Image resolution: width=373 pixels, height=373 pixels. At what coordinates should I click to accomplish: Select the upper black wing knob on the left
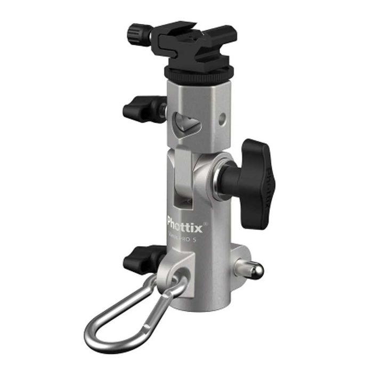tap(140, 108)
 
